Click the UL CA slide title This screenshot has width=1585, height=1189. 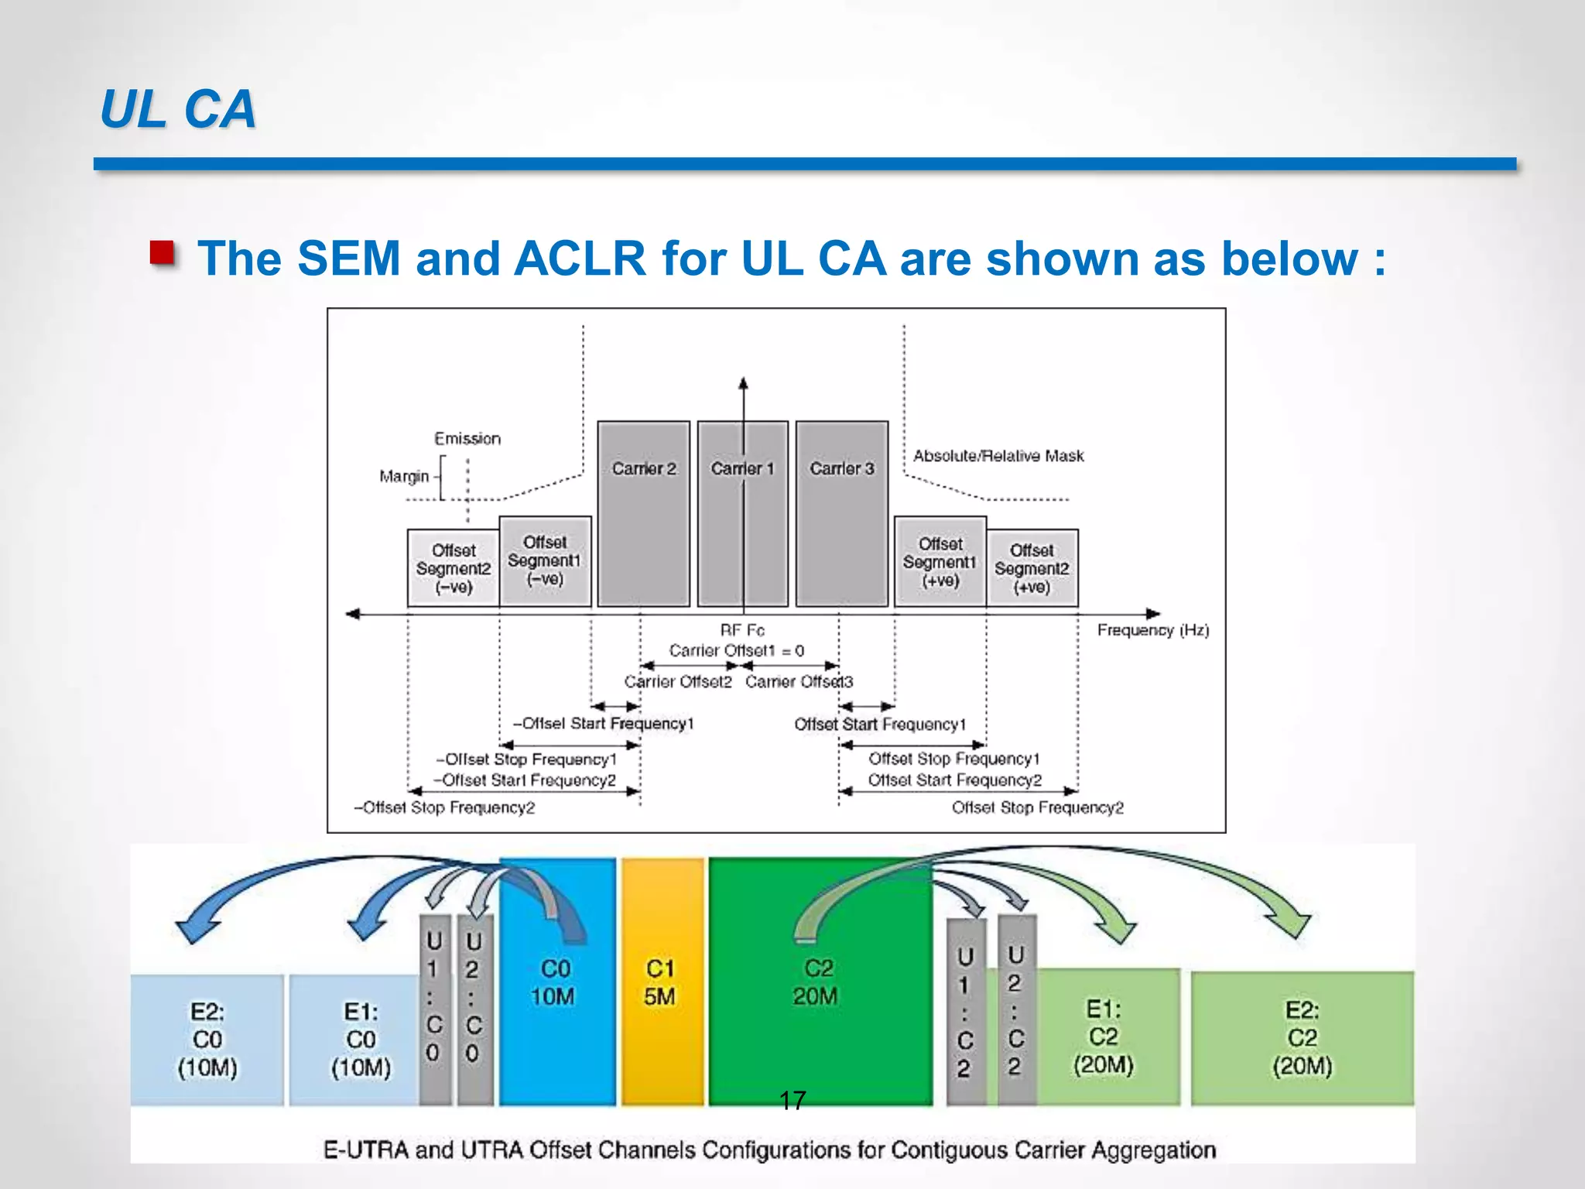coord(178,109)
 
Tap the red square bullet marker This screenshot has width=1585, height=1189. coord(163,253)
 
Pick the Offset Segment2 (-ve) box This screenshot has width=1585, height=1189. coord(453,568)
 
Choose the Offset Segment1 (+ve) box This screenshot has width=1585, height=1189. coord(940,562)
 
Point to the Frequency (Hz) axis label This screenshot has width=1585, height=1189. coord(1152,630)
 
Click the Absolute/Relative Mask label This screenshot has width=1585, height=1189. coord(998,456)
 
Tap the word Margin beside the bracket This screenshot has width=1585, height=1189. coord(403,476)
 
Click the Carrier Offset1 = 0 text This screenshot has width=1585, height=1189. coord(736,650)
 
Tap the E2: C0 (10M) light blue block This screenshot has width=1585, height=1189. coord(207,1040)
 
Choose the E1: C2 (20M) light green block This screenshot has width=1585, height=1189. coord(1105,1037)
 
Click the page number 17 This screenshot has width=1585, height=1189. coord(792,1100)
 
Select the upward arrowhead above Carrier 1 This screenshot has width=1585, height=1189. coord(743,382)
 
